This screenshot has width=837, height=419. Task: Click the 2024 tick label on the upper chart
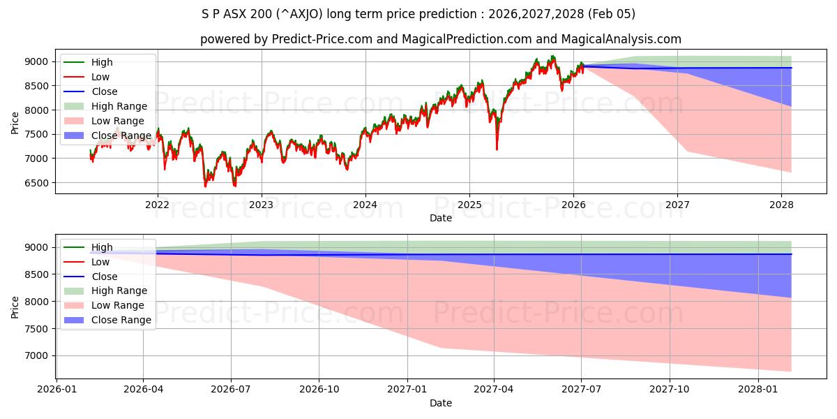(365, 205)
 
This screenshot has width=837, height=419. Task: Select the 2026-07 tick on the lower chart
(232, 390)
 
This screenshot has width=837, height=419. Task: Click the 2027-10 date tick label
(670, 390)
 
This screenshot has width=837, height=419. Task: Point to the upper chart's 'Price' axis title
(15, 122)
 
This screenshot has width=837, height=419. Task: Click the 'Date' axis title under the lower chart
(440, 403)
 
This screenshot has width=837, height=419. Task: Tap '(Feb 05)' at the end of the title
(612, 14)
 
